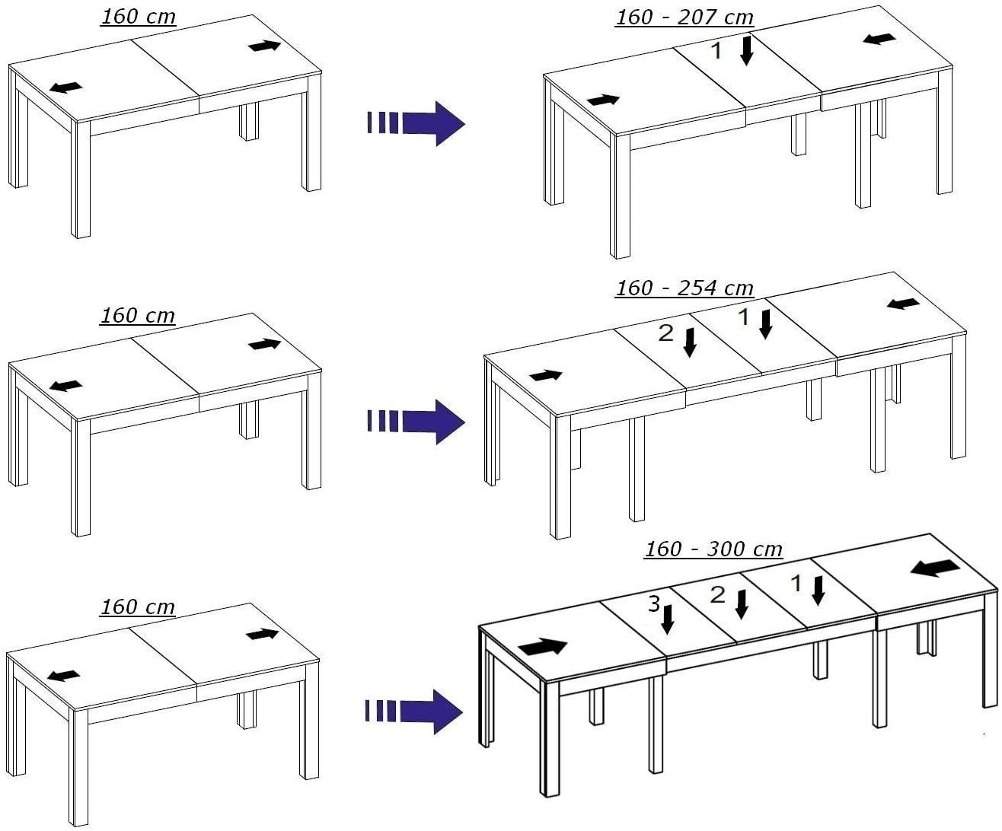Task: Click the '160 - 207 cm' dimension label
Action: (684, 18)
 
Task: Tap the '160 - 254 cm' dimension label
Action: (684, 288)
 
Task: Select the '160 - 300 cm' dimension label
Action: (713, 549)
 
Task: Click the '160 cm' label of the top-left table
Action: (139, 17)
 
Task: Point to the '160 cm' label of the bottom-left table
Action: (137, 607)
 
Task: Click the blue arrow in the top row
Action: (416, 123)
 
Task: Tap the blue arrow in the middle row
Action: (416, 422)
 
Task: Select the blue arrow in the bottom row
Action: (414, 712)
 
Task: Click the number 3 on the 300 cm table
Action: (653, 604)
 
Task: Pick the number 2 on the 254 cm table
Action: (665, 333)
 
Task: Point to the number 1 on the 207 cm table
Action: (716, 51)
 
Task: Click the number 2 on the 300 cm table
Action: (717, 595)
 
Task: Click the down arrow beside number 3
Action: (667, 619)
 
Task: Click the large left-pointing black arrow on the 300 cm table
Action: (935, 568)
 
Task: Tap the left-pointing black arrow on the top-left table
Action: (65, 88)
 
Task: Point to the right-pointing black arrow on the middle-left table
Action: (264, 344)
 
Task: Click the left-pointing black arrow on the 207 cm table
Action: (879, 38)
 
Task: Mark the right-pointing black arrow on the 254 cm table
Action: (546, 374)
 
